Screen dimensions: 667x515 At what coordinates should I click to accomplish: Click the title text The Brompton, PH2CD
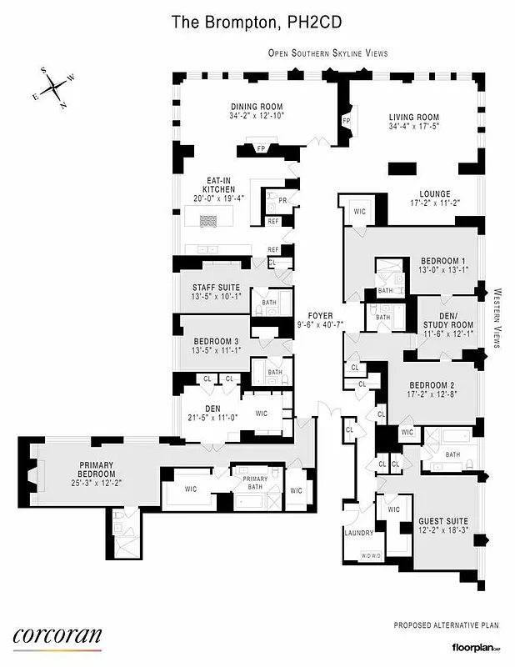[x=257, y=23]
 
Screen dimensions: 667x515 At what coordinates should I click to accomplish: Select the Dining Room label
[x=257, y=112]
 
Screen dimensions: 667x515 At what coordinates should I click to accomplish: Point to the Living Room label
[x=414, y=122]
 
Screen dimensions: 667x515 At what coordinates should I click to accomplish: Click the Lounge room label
[x=435, y=197]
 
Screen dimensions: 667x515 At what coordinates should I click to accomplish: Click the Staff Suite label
[x=215, y=292]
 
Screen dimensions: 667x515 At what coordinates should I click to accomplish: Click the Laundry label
[x=358, y=532]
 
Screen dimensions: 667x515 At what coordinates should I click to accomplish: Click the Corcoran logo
[x=57, y=635]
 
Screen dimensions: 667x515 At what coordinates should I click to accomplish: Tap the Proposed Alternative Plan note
[x=444, y=625]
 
